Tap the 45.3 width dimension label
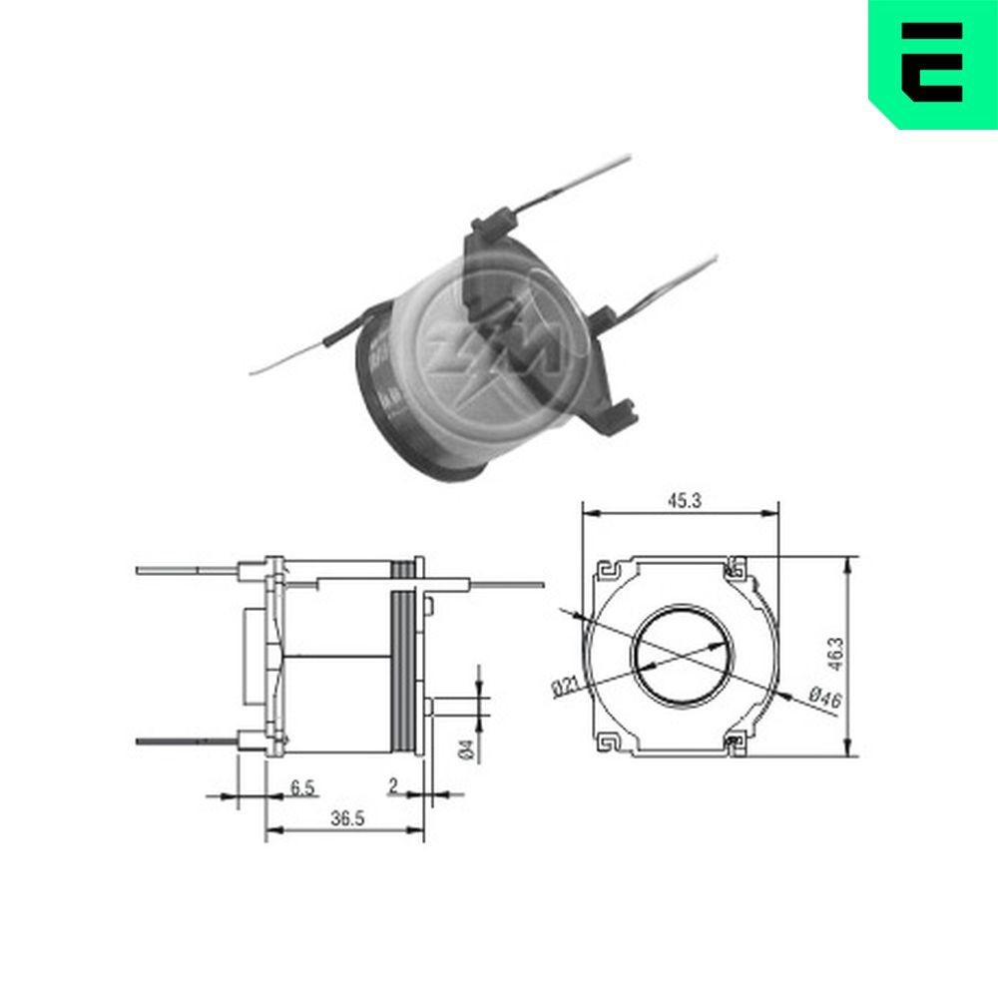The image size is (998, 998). [x=683, y=502]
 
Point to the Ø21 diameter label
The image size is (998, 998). [x=564, y=686]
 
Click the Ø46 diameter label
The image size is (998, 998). [x=819, y=698]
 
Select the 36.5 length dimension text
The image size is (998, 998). [x=345, y=818]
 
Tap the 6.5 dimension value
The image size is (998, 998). [x=303, y=787]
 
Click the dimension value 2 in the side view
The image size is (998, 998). [x=392, y=787]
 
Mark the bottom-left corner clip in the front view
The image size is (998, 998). [x=607, y=743]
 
